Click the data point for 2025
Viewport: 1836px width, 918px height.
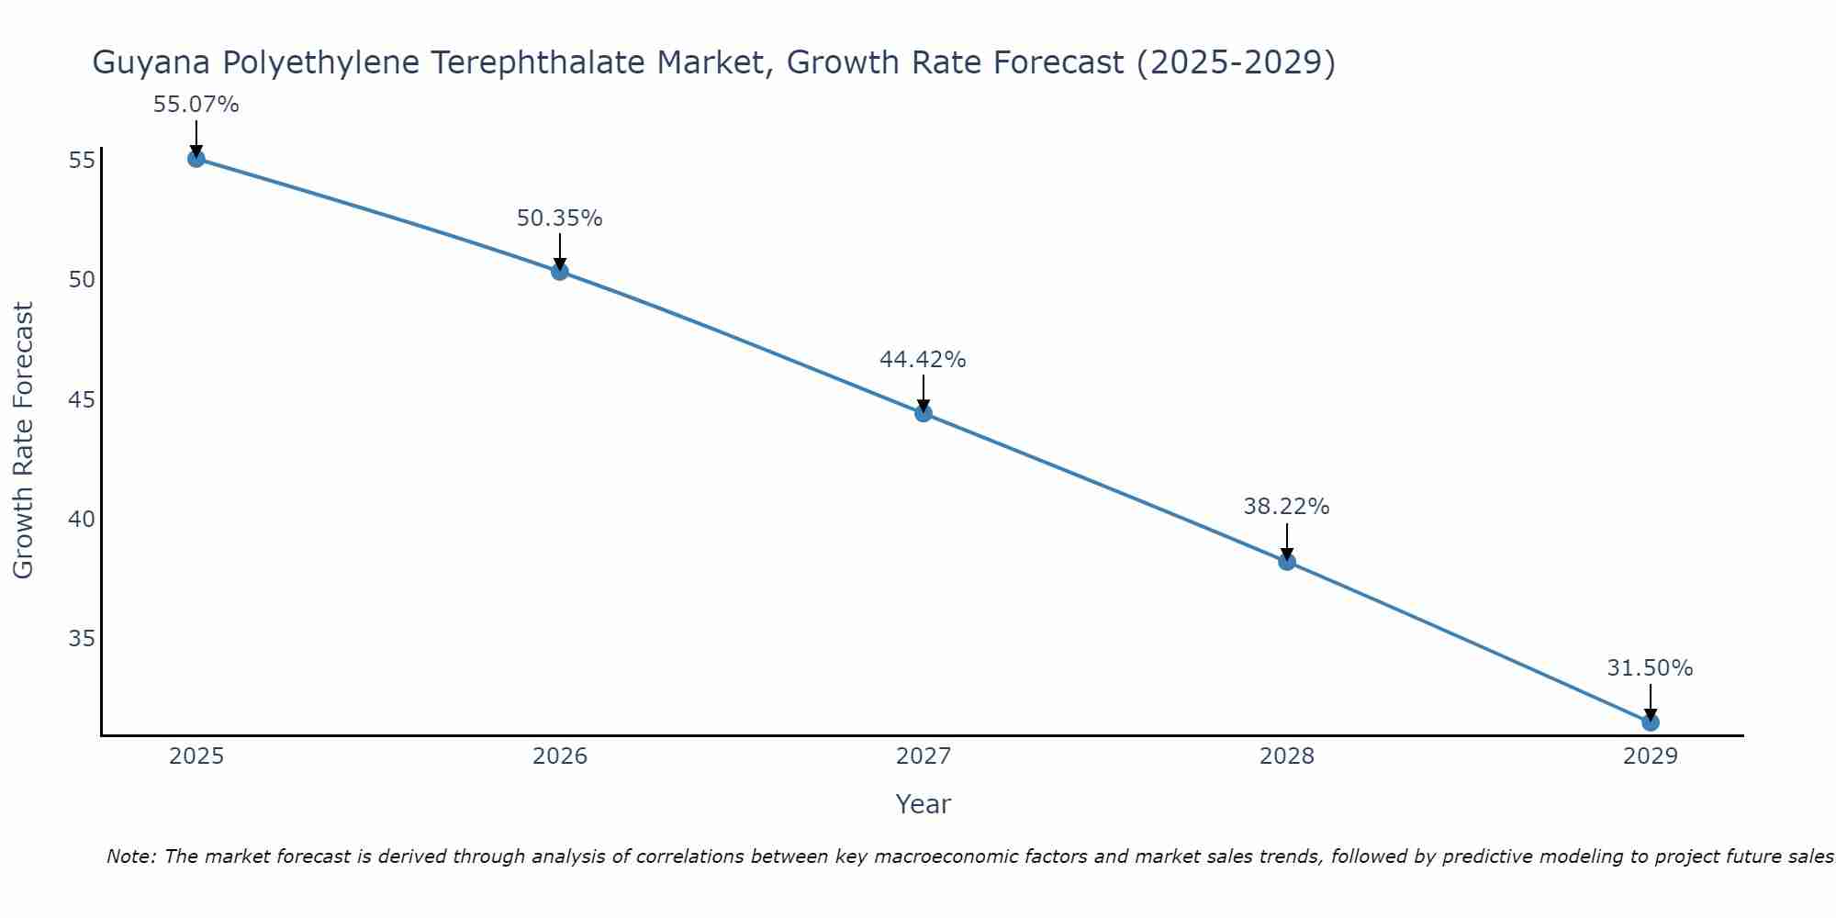tap(196, 159)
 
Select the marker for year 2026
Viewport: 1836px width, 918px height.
tap(559, 272)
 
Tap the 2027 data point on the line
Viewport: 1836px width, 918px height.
tap(923, 413)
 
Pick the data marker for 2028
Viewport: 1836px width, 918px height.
tap(1286, 562)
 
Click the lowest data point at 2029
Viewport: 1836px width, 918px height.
tap(1650, 722)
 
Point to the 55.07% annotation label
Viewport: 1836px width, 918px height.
tap(196, 105)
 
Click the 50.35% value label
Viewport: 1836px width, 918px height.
tap(559, 218)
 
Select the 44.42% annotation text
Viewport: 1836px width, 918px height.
tap(923, 360)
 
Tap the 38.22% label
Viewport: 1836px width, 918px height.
tap(1286, 507)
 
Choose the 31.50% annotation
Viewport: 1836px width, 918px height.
tap(1650, 668)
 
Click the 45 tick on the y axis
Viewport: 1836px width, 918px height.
tap(82, 399)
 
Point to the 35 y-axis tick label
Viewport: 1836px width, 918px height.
tap(82, 638)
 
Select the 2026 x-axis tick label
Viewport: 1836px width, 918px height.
tap(560, 756)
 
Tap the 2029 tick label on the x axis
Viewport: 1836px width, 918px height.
tap(1650, 756)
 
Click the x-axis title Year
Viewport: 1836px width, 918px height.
tap(923, 804)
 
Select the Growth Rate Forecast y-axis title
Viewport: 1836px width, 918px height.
tap(23, 440)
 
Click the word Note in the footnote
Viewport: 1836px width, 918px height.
tap(132, 856)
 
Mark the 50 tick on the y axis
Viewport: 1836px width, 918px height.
tap(82, 279)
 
